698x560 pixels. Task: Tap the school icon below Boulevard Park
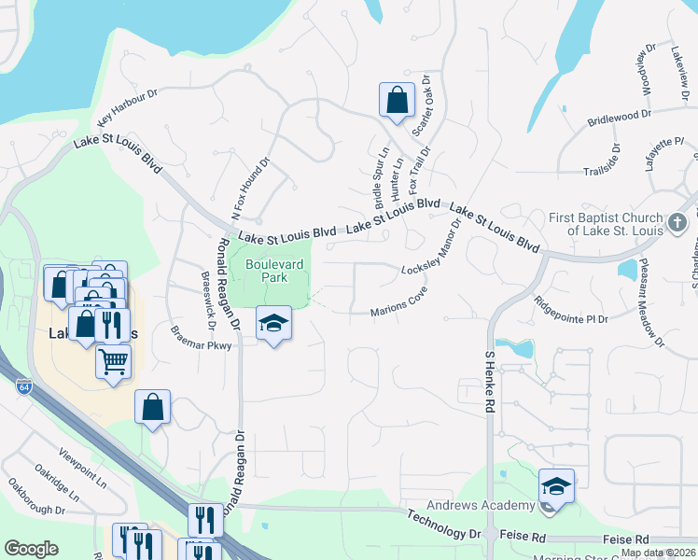tap(273, 324)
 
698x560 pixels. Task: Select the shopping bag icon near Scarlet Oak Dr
tap(397, 100)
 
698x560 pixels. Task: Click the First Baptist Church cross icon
tap(677, 222)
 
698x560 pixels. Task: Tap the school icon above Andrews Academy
tap(556, 486)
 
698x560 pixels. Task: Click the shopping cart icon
tap(113, 360)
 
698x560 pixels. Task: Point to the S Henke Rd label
tap(488, 383)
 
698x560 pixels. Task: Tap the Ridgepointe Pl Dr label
tap(571, 309)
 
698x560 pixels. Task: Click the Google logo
tap(31, 549)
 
